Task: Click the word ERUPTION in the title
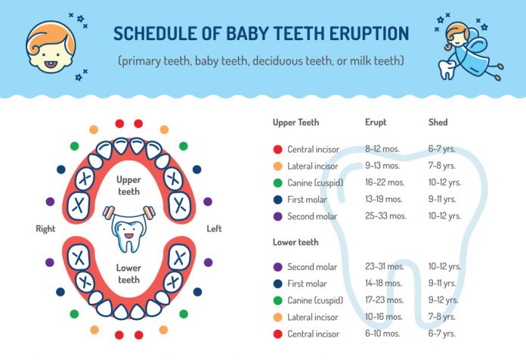(x=360, y=34)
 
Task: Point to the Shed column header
(x=437, y=122)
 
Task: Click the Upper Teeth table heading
(x=295, y=122)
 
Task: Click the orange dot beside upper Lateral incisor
(x=277, y=166)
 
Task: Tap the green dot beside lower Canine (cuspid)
(x=277, y=300)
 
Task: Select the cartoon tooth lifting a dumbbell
(x=128, y=227)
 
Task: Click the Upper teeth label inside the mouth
(x=128, y=186)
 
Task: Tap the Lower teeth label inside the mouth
(x=128, y=274)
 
